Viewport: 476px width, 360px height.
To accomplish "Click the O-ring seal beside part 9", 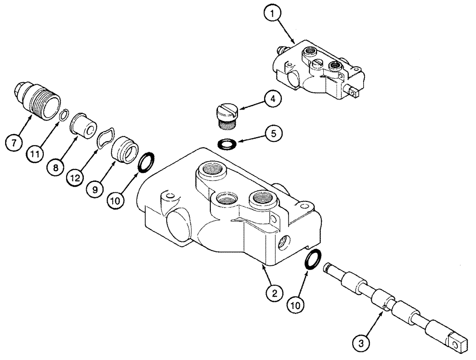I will click(x=146, y=162).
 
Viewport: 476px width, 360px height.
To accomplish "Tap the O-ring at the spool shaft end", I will click(x=312, y=262).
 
